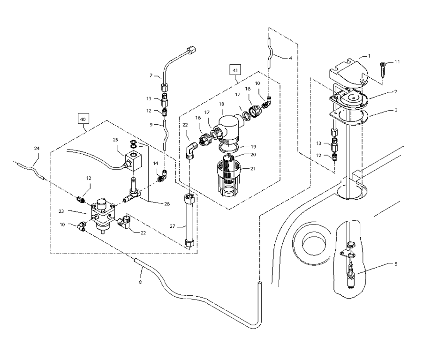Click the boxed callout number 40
coord(83,120)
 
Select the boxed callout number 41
coord(235,70)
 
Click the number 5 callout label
coord(396,264)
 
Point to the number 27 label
coord(172,227)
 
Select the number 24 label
coord(37,148)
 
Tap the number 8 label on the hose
coord(140,282)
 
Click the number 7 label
coord(151,75)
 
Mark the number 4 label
coord(290,58)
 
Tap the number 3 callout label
coord(396,110)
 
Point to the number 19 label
coord(253,146)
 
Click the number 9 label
coord(151,125)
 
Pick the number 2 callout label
coord(395,92)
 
